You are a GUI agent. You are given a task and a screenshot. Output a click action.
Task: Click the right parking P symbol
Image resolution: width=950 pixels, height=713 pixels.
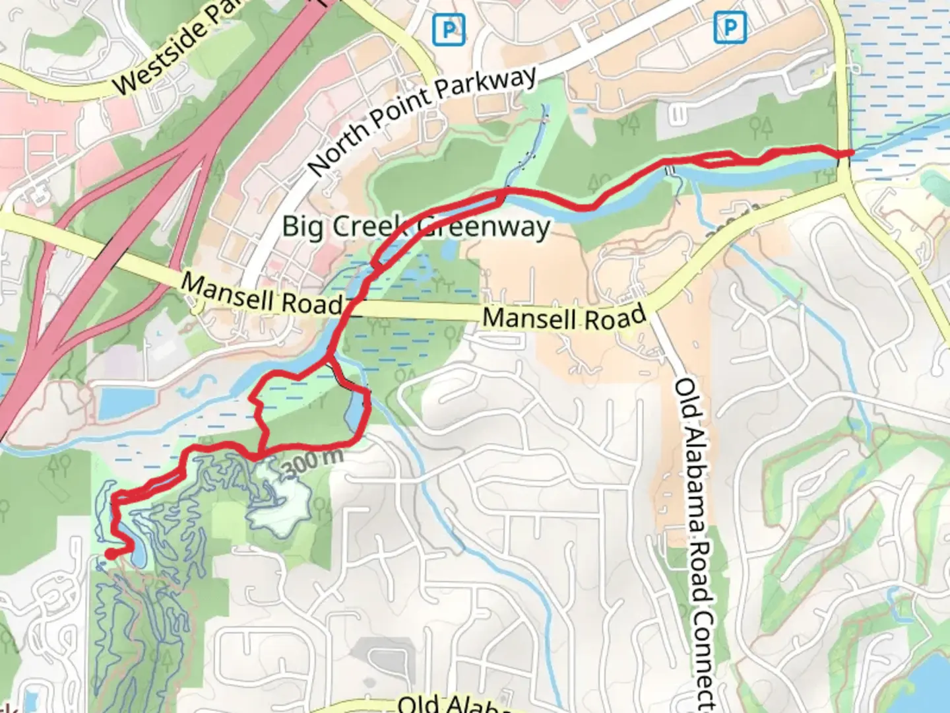(x=730, y=28)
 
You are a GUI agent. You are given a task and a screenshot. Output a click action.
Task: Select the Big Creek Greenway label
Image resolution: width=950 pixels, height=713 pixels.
(x=416, y=226)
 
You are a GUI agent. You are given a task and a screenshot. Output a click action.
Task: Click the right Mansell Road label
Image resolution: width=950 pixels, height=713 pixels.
(x=564, y=318)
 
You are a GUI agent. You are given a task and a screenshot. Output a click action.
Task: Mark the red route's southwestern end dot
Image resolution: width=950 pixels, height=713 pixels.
(x=111, y=555)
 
